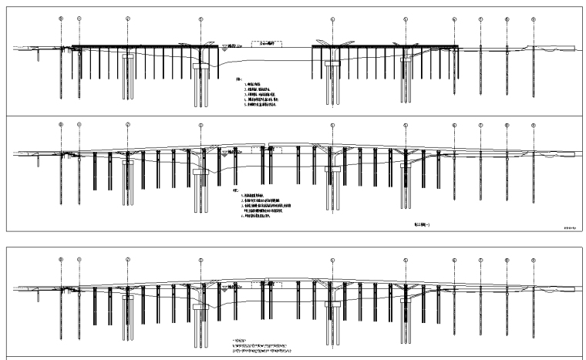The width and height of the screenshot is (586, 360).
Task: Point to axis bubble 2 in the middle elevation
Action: pos(128,125)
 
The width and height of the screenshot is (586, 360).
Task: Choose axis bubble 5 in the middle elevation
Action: pos(405,125)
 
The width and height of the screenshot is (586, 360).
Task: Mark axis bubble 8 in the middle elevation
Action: pos(507,125)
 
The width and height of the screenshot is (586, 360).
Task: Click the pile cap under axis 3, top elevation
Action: pos(201,67)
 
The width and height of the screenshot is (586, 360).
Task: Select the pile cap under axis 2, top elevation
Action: pos(129,56)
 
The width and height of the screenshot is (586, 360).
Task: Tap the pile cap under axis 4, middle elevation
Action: pos(333,169)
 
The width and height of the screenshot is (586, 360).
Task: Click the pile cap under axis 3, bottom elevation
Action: pos(201,305)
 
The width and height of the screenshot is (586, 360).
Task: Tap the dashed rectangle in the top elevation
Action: pos(271,45)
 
